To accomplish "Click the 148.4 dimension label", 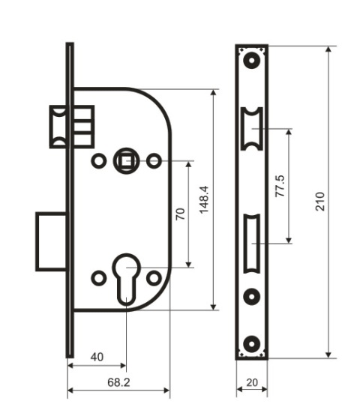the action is click(204, 200).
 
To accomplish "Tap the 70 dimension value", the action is click(180, 214).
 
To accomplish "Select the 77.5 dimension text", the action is click(280, 186).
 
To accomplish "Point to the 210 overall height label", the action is click(319, 202).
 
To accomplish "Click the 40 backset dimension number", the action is click(97, 357).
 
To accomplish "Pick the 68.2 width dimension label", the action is click(118, 382).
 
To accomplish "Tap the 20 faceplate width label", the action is click(252, 382).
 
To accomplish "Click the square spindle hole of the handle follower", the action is click(126, 161).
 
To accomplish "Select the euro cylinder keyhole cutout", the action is click(126, 279).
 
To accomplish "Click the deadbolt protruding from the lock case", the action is click(51, 241).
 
